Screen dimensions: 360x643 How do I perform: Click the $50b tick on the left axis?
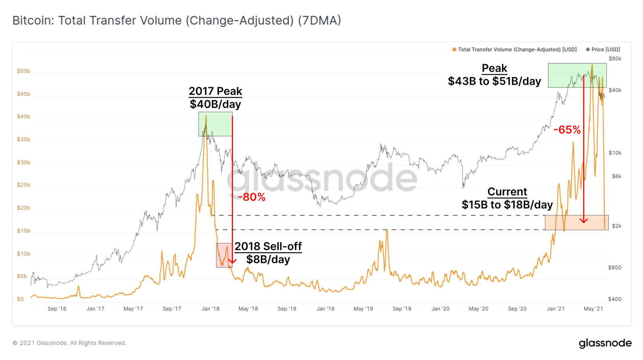(23, 71)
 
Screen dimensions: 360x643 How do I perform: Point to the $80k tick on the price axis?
(615, 59)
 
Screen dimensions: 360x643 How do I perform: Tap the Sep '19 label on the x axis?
(402, 309)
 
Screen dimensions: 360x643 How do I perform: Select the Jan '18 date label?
(210, 309)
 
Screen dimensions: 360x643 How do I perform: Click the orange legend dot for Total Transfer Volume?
(454, 49)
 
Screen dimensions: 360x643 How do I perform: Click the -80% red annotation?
(252, 197)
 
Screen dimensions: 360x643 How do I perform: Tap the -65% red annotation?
(567, 130)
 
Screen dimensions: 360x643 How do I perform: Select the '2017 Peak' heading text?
(215, 91)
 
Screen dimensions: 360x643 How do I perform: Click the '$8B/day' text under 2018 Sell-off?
(268, 260)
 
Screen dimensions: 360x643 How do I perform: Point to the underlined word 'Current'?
(507, 192)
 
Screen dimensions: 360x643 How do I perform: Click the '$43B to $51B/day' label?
(494, 81)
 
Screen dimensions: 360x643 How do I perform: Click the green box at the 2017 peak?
(215, 124)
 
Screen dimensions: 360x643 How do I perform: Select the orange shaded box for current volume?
(576, 222)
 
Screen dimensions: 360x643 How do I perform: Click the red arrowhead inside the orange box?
(584, 220)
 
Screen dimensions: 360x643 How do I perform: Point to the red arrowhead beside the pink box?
(232, 261)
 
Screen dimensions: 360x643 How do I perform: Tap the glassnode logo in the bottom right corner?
(605, 343)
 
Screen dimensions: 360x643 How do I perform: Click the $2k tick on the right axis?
(616, 226)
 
